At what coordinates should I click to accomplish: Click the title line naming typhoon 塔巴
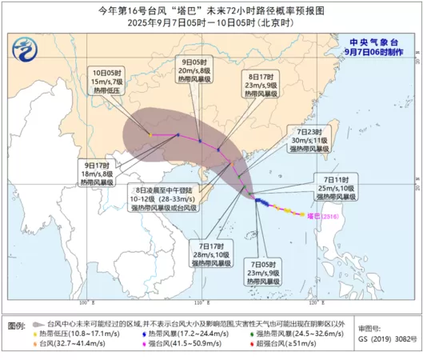point(211,11)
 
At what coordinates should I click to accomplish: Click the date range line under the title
point(211,23)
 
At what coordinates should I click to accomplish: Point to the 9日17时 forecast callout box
point(97,174)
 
